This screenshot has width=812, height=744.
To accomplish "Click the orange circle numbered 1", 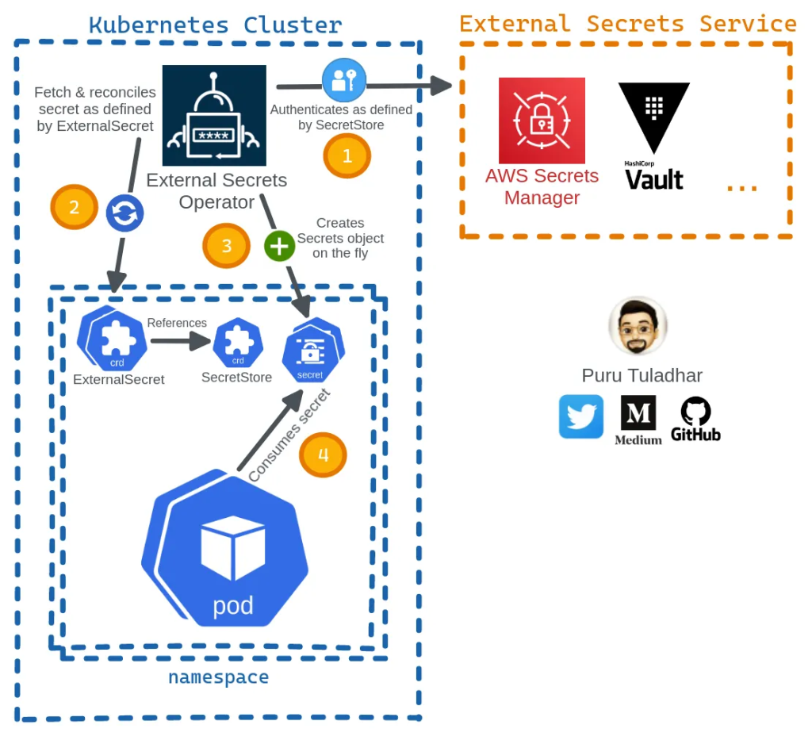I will coord(347,156).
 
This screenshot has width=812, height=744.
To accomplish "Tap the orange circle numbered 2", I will coord(74,208).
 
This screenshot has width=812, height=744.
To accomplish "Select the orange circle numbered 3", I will coord(227,245).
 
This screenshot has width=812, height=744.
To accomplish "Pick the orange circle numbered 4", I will coord(323,454).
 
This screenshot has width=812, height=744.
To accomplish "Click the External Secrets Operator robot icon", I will coord(214,115).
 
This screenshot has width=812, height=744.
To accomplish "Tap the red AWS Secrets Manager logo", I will coord(542,121).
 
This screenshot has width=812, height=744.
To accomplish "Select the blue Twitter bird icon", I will coord(581,416).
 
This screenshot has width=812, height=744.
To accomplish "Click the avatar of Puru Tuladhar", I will coord(638,327).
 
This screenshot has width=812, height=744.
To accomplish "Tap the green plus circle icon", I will coord(279,246).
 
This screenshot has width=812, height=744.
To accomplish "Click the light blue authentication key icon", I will coord(344,80).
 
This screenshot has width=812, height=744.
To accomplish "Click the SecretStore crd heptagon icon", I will coord(238,343).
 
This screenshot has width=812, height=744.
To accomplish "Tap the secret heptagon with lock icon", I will coord(311,350).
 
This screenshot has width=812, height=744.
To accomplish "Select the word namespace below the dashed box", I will coord(218,677).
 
